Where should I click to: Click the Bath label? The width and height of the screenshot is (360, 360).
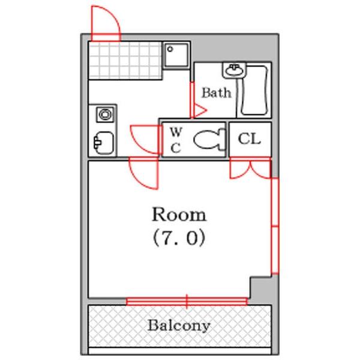(216, 93)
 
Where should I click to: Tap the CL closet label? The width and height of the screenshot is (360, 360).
(250, 139)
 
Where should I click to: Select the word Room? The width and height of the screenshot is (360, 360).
(178, 214)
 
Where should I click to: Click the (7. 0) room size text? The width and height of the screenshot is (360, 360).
(178, 238)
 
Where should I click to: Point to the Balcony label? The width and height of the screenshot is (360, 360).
(179, 326)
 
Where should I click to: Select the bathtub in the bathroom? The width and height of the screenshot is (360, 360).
(254, 91)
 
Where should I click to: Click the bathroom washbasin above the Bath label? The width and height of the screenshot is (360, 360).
(233, 71)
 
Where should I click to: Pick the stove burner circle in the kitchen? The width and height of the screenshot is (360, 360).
(106, 114)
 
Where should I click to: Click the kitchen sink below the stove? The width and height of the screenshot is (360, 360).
(104, 142)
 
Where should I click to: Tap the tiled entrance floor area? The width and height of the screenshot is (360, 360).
(125, 60)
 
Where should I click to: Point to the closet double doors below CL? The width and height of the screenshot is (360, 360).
(250, 169)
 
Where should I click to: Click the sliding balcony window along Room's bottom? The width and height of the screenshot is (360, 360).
(187, 301)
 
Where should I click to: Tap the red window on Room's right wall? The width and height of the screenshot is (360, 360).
(274, 226)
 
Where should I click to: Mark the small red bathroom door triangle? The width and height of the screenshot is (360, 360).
(198, 110)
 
